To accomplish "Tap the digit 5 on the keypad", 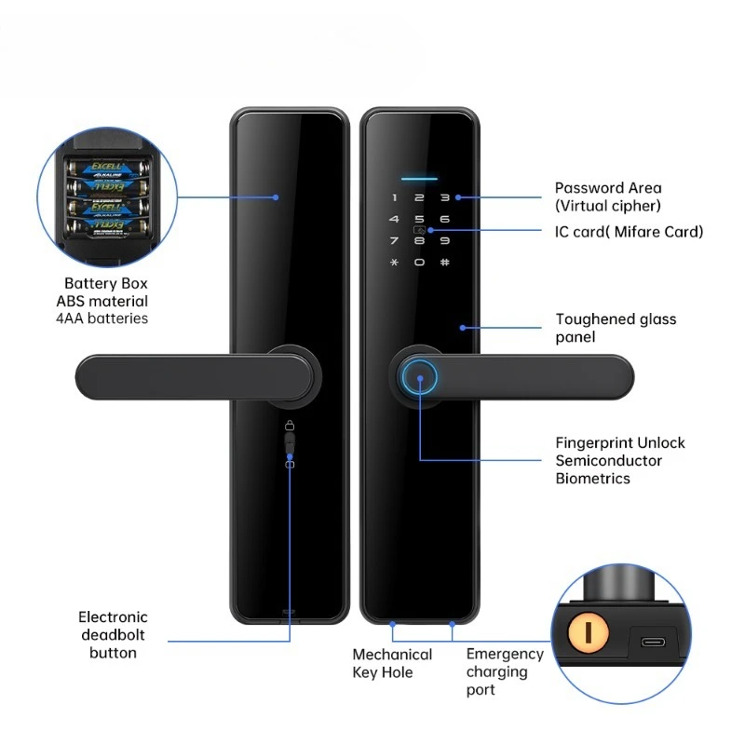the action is pyautogui.click(x=419, y=219).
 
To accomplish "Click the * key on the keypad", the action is pyautogui.click(x=394, y=262).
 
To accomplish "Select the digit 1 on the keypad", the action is pyautogui.click(x=394, y=197).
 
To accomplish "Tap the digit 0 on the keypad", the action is pyautogui.click(x=419, y=262).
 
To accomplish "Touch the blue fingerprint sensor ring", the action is pyautogui.click(x=419, y=379).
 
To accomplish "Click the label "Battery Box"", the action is pyautogui.click(x=106, y=283).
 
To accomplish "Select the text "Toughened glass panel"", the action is pyautogui.click(x=616, y=328).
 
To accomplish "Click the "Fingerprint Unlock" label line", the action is pyautogui.click(x=619, y=442).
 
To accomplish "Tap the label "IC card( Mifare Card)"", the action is pyautogui.click(x=629, y=232).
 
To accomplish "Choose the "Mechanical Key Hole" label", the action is pyautogui.click(x=392, y=663).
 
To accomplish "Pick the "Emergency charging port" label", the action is pyautogui.click(x=504, y=671).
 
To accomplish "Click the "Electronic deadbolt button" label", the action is pyautogui.click(x=113, y=634).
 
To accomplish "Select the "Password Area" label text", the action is pyautogui.click(x=608, y=188).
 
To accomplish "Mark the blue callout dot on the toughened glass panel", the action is pyautogui.click(x=462, y=327).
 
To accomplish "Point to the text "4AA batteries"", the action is pyautogui.click(x=106, y=318).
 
